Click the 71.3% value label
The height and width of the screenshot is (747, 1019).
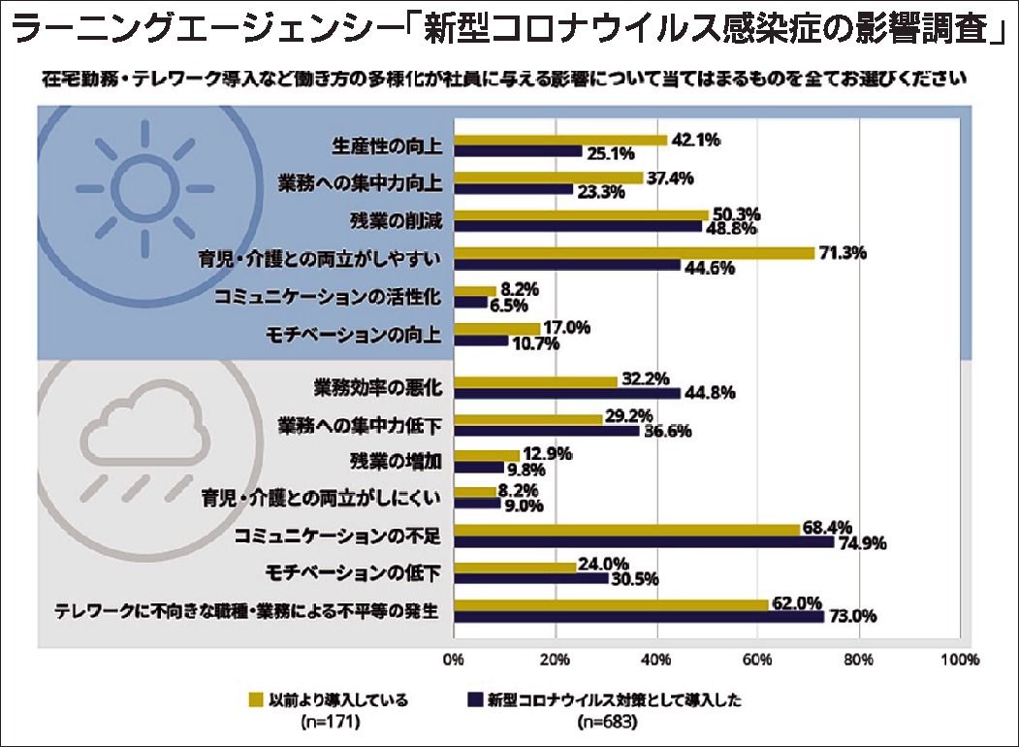coord(841,252)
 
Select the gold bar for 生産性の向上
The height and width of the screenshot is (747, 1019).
coord(560,140)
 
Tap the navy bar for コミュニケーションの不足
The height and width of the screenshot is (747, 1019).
coord(644,542)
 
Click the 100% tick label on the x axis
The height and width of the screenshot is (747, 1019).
coord(959,660)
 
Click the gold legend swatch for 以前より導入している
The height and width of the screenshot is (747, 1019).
coord(257,698)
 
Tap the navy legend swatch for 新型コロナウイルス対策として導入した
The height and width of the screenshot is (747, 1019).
coord(475,698)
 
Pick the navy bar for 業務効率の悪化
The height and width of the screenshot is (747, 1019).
coord(567,393)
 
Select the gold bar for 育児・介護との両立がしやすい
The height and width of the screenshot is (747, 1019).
coord(634,253)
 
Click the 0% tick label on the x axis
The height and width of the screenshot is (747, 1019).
coord(453,660)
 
